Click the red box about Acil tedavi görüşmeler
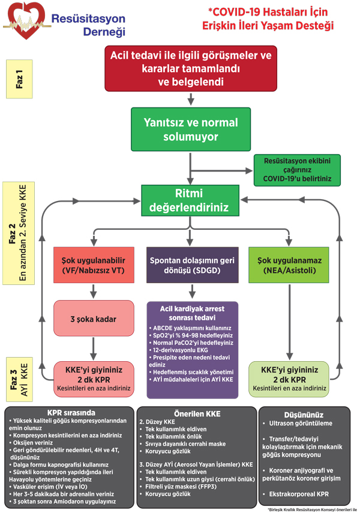point(190,68)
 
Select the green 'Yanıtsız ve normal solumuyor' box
point(190,130)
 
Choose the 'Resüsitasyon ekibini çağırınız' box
point(297,170)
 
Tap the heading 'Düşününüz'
point(304,415)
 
